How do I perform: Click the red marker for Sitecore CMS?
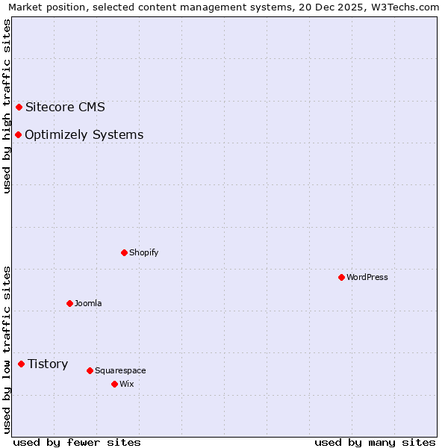pyautogui.click(x=19, y=107)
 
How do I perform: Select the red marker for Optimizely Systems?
pyautogui.click(x=18, y=134)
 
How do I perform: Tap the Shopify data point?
pyautogui.click(x=124, y=252)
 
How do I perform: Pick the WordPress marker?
pyautogui.click(x=341, y=277)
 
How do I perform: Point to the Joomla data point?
pyautogui.click(x=69, y=303)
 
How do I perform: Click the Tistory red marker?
pyautogui.click(x=21, y=364)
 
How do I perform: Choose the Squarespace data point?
pyautogui.click(x=90, y=370)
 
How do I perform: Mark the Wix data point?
pyautogui.click(x=114, y=384)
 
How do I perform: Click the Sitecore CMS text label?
pyautogui.click(x=65, y=107)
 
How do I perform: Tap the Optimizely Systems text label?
pyautogui.click(x=84, y=135)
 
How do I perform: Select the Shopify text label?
pyautogui.click(x=143, y=252)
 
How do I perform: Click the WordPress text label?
pyautogui.click(x=367, y=277)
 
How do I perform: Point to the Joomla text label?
pyautogui.click(x=88, y=303)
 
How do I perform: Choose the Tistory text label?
pyautogui.click(x=48, y=364)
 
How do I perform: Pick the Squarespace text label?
pyautogui.click(x=120, y=370)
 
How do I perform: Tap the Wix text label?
pyautogui.click(x=126, y=384)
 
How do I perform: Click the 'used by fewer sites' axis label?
pyautogui.click(x=77, y=442)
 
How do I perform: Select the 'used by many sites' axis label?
pyautogui.click(x=375, y=442)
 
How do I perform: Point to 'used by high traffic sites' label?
pyautogui.click(x=7, y=106)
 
